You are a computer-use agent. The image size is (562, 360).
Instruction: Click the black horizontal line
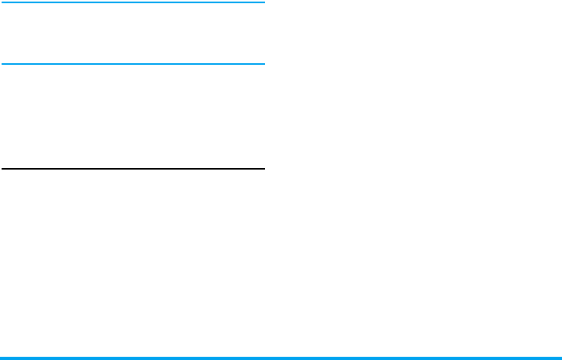pyautogui.click(x=132, y=169)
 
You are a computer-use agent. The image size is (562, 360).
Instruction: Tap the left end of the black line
pyautogui.click(x=2, y=169)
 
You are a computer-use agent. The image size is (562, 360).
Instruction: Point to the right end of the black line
pyautogui.click(x=263, y=169)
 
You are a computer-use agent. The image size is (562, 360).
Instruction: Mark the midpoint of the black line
pyautogui.click(x=132, y=169)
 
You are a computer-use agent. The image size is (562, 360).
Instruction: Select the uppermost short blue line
pyautogui.click(x=132, y=2)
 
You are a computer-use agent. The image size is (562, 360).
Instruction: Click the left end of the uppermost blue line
pyautogui.click(x=2, y=2)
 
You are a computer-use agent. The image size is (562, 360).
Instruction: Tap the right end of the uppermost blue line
pyautogui.click(x=263, y=2)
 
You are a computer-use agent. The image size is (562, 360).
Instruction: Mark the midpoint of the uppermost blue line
pyautogui.click(x=132, y=2)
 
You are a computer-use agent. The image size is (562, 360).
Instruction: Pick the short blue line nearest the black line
pyautogui.click(x=132, y=63)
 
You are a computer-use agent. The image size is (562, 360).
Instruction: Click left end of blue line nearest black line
pyautogui.click(x=2, y=63)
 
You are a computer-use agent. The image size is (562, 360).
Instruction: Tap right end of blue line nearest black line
pyautogui.click(x=263, y=63)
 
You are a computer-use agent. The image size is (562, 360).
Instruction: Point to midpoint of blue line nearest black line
pyautogui.click(x=132, y=63)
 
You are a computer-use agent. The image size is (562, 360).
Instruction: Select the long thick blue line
pyautogui.click(x=281, y=358)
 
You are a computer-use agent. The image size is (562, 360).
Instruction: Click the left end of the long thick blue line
pyautogui.click(x=2, y=358)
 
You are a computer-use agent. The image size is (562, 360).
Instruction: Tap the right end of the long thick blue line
pyautogui.click(x=560, y=358)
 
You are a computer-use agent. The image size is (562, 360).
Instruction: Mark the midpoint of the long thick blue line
pyautogui.click(x=281, y=358)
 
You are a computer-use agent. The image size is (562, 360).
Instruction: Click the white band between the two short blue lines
pyautogui.click(x=132, y=32)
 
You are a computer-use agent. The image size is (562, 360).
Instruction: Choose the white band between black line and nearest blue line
pyautogui.click(x=132, y=116)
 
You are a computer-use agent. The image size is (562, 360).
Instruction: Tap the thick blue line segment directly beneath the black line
pyautogui.click(x=132, y=358)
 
